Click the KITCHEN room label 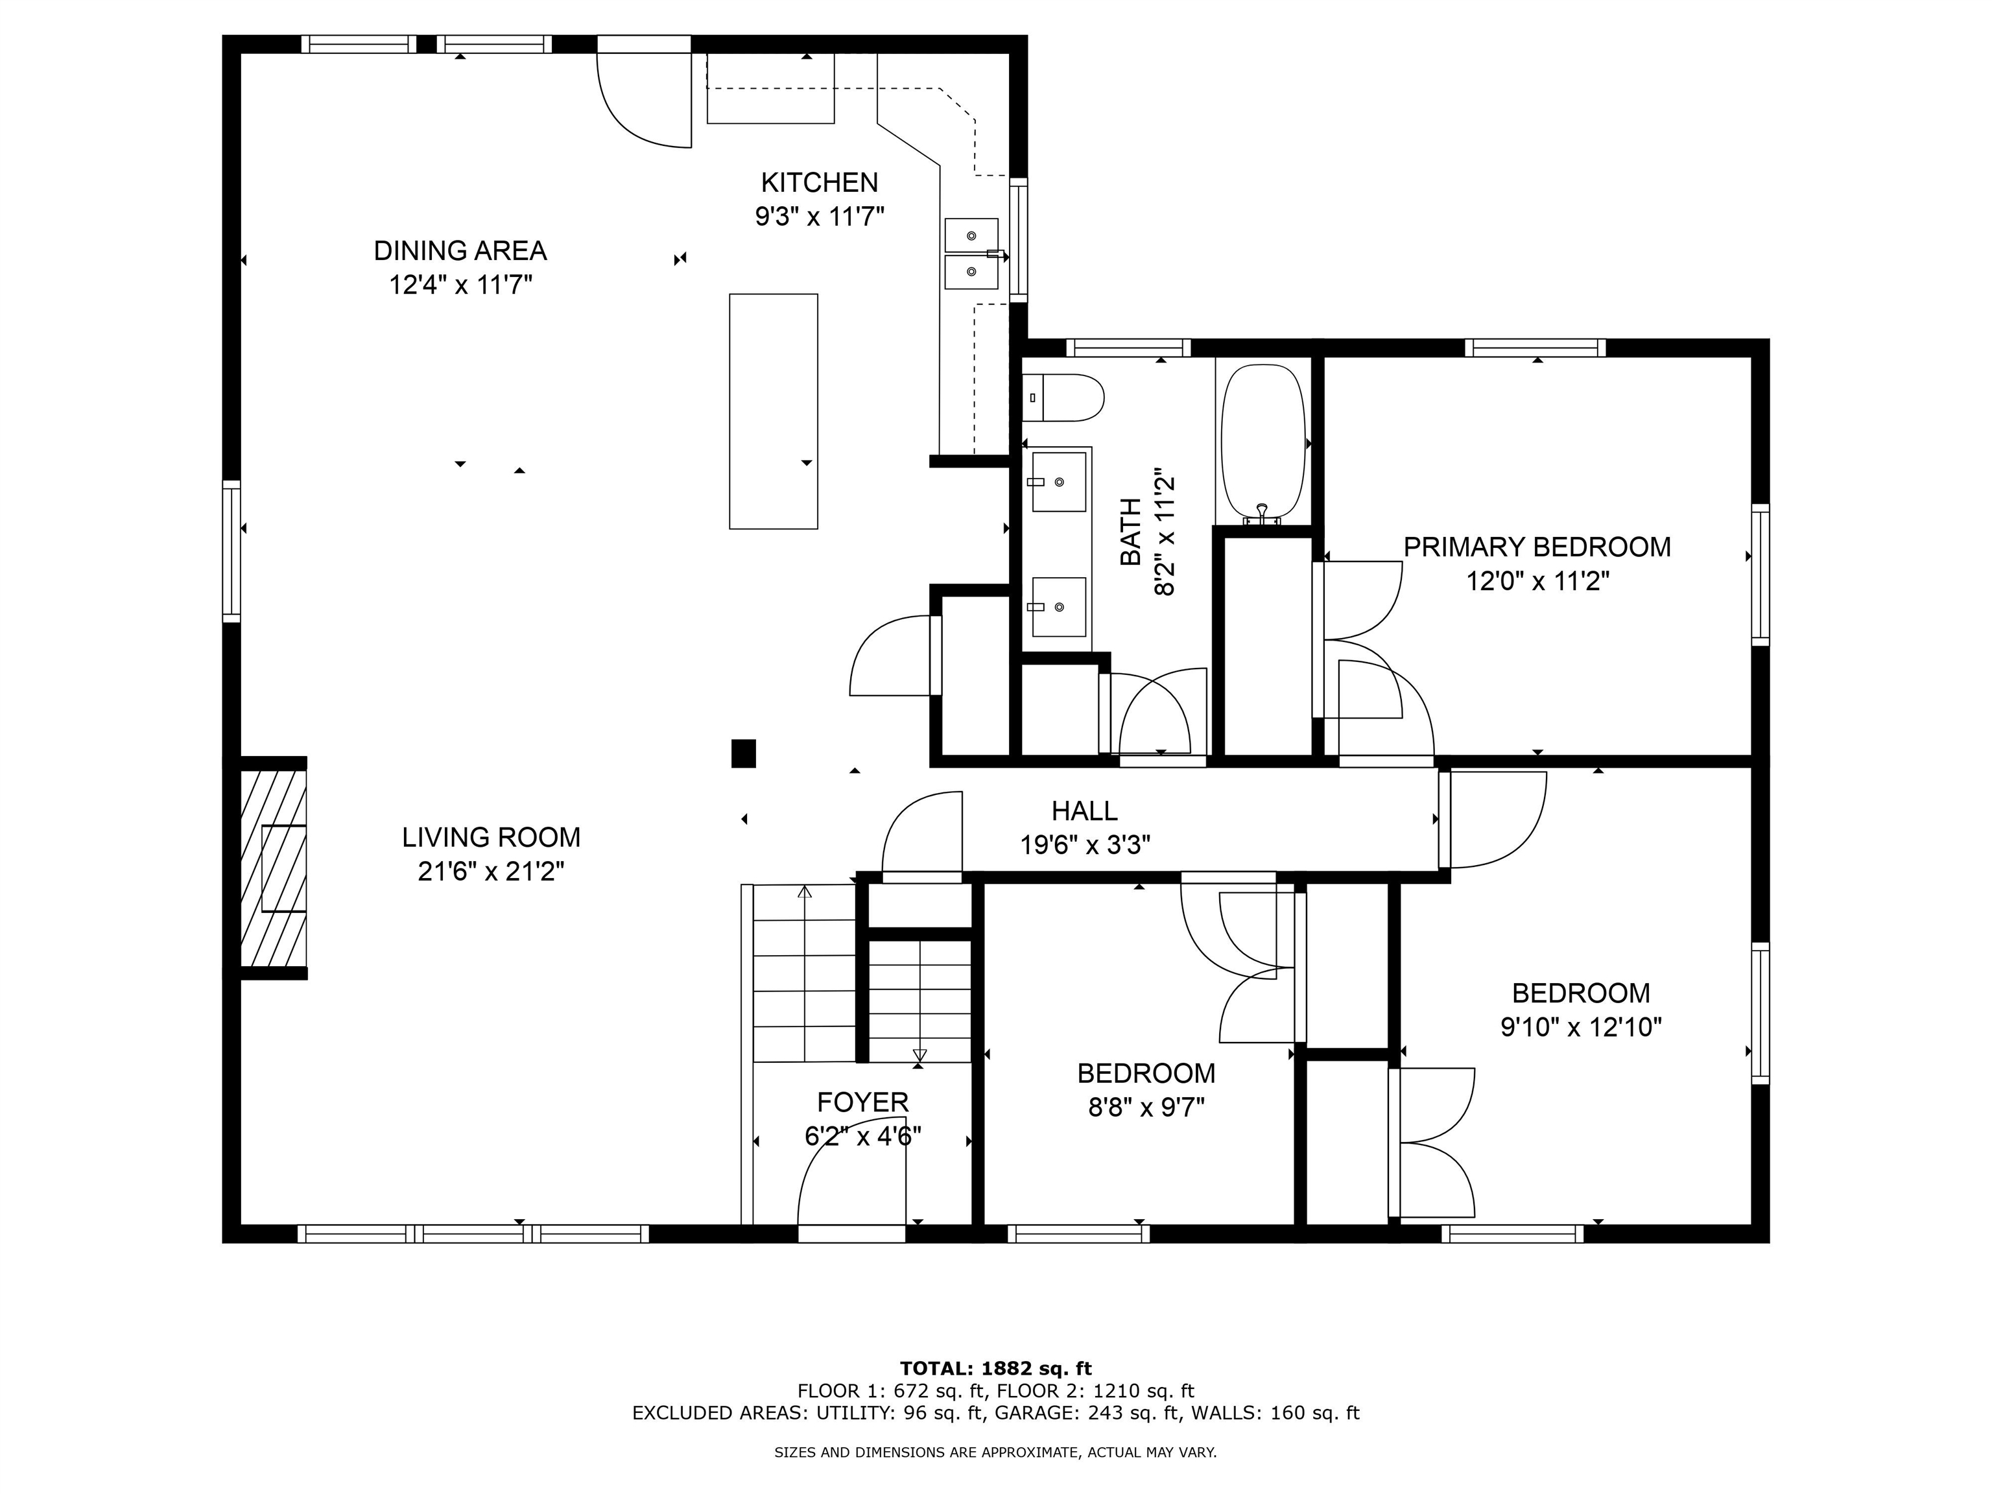(x=818, y=183)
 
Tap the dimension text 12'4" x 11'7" (x=460, y=285)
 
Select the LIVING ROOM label (x=491, y=838)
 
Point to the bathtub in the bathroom (x=1263, y=442)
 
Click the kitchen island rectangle (x=774, y=410)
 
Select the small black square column (x=743, y=753)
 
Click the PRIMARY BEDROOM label (x=1536, y=547)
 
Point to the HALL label (x=1084, y=811)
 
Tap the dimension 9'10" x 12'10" (x=1580, y=1028)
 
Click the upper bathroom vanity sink (x=1058, y=482)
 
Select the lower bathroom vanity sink (x=1058, y=607)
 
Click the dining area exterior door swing (x=644, y=99)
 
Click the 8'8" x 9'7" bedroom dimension (x=1146, y=1108)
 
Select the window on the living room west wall (x=232, y=551)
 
